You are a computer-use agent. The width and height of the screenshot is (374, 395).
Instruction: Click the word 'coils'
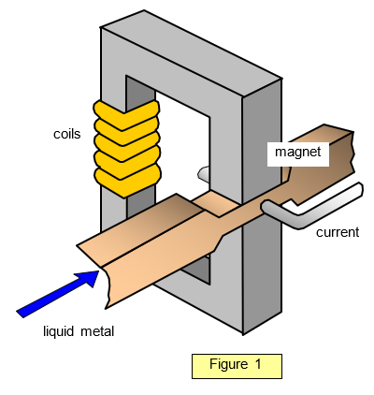pos(67,134)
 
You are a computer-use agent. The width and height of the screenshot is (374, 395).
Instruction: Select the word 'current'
pos(338,232)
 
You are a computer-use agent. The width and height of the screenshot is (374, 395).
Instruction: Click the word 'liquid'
pos(59,331)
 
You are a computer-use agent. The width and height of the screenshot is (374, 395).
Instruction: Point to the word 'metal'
pos(97,331)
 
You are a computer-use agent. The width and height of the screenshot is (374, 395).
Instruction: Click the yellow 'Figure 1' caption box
pos(237,366)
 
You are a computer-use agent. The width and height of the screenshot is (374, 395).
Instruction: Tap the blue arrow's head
pos(88,277)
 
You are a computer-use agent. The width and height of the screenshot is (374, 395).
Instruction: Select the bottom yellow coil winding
pos(127,182)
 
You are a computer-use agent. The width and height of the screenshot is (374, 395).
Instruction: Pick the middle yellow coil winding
pos(127,147)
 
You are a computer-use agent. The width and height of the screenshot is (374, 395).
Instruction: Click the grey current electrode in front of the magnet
pos(311,207)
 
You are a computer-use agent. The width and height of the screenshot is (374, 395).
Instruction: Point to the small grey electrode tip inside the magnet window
pos(204,173)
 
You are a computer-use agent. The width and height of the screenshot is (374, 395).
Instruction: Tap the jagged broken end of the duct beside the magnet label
pos(353,153)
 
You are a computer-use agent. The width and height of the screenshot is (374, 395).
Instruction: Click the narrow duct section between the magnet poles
pos(216,204)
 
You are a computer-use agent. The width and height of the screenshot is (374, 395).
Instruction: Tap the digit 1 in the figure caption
pos(258,364)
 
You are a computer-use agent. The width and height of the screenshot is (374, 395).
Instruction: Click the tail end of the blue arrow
pos(20,315)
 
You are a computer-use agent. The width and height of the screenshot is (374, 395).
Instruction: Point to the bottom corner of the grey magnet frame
pos(243,334)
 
